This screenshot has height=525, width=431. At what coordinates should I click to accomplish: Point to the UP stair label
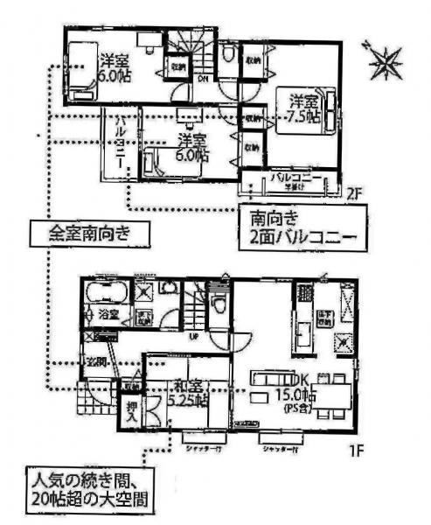tap(192, 335)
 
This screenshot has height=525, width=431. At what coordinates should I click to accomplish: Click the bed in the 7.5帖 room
tap(329, 112)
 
